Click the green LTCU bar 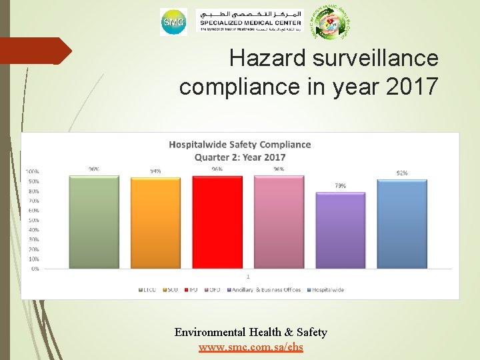click(x=94, y=222)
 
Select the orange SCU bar click(x=155, y=223)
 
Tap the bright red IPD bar click(x=217, y=222)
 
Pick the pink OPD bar click(x=279, y=222)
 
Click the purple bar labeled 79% click(x=340, y=230)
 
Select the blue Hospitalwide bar click(x=402, y=224)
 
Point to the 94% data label click(x=155, y=171)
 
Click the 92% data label click(x=402, y=173)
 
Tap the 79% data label click(x=340, y=186)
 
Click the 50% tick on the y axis click(x=33, y=220)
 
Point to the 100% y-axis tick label click(x=32, y=171)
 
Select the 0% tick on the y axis click(x=34, y=269)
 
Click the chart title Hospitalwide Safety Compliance click(x=240, y=145)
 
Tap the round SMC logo click(x=173, y=23)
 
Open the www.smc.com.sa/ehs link click(x=251, y=347)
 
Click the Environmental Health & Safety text click(x=251, y=332)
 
